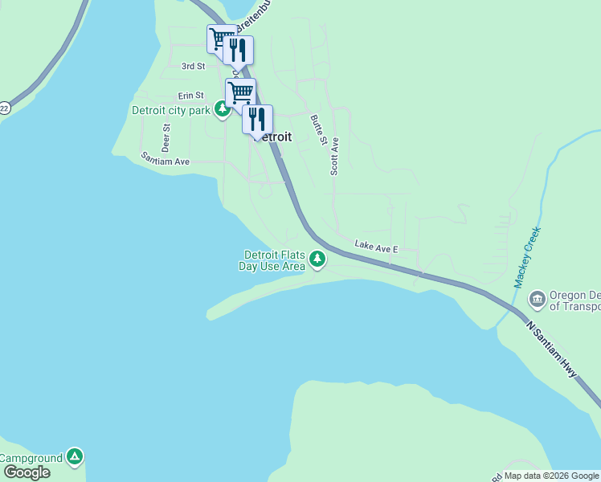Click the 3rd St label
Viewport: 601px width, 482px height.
point(194,66)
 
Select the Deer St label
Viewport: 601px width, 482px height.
point(166,137)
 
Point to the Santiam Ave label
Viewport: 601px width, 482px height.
point(165,160)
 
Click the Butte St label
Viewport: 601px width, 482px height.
point(318,129)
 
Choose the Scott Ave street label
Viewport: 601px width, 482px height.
point(335,156)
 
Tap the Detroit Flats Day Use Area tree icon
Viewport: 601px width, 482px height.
point(318,259)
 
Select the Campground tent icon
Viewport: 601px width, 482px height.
point(75,457)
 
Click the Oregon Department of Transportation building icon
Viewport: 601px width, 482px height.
point(537,300)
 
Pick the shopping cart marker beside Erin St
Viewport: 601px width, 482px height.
point(240,92)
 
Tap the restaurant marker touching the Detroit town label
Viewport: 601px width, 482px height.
point(257,119)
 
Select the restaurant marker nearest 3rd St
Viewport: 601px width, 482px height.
point(238,50)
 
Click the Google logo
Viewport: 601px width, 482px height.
point(27,472)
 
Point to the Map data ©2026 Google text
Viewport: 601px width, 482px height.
point(552,476)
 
